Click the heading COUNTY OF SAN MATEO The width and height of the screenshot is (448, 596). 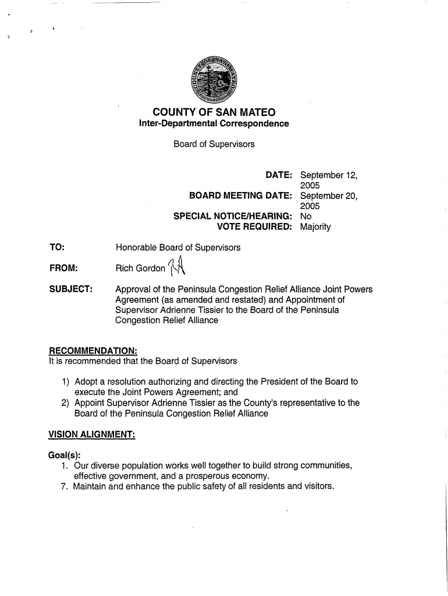214,112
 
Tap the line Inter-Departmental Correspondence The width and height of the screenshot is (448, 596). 214,124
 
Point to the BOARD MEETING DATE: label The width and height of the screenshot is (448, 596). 236,196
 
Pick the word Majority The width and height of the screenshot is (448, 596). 315,227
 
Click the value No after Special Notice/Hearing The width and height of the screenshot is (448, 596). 305,217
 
